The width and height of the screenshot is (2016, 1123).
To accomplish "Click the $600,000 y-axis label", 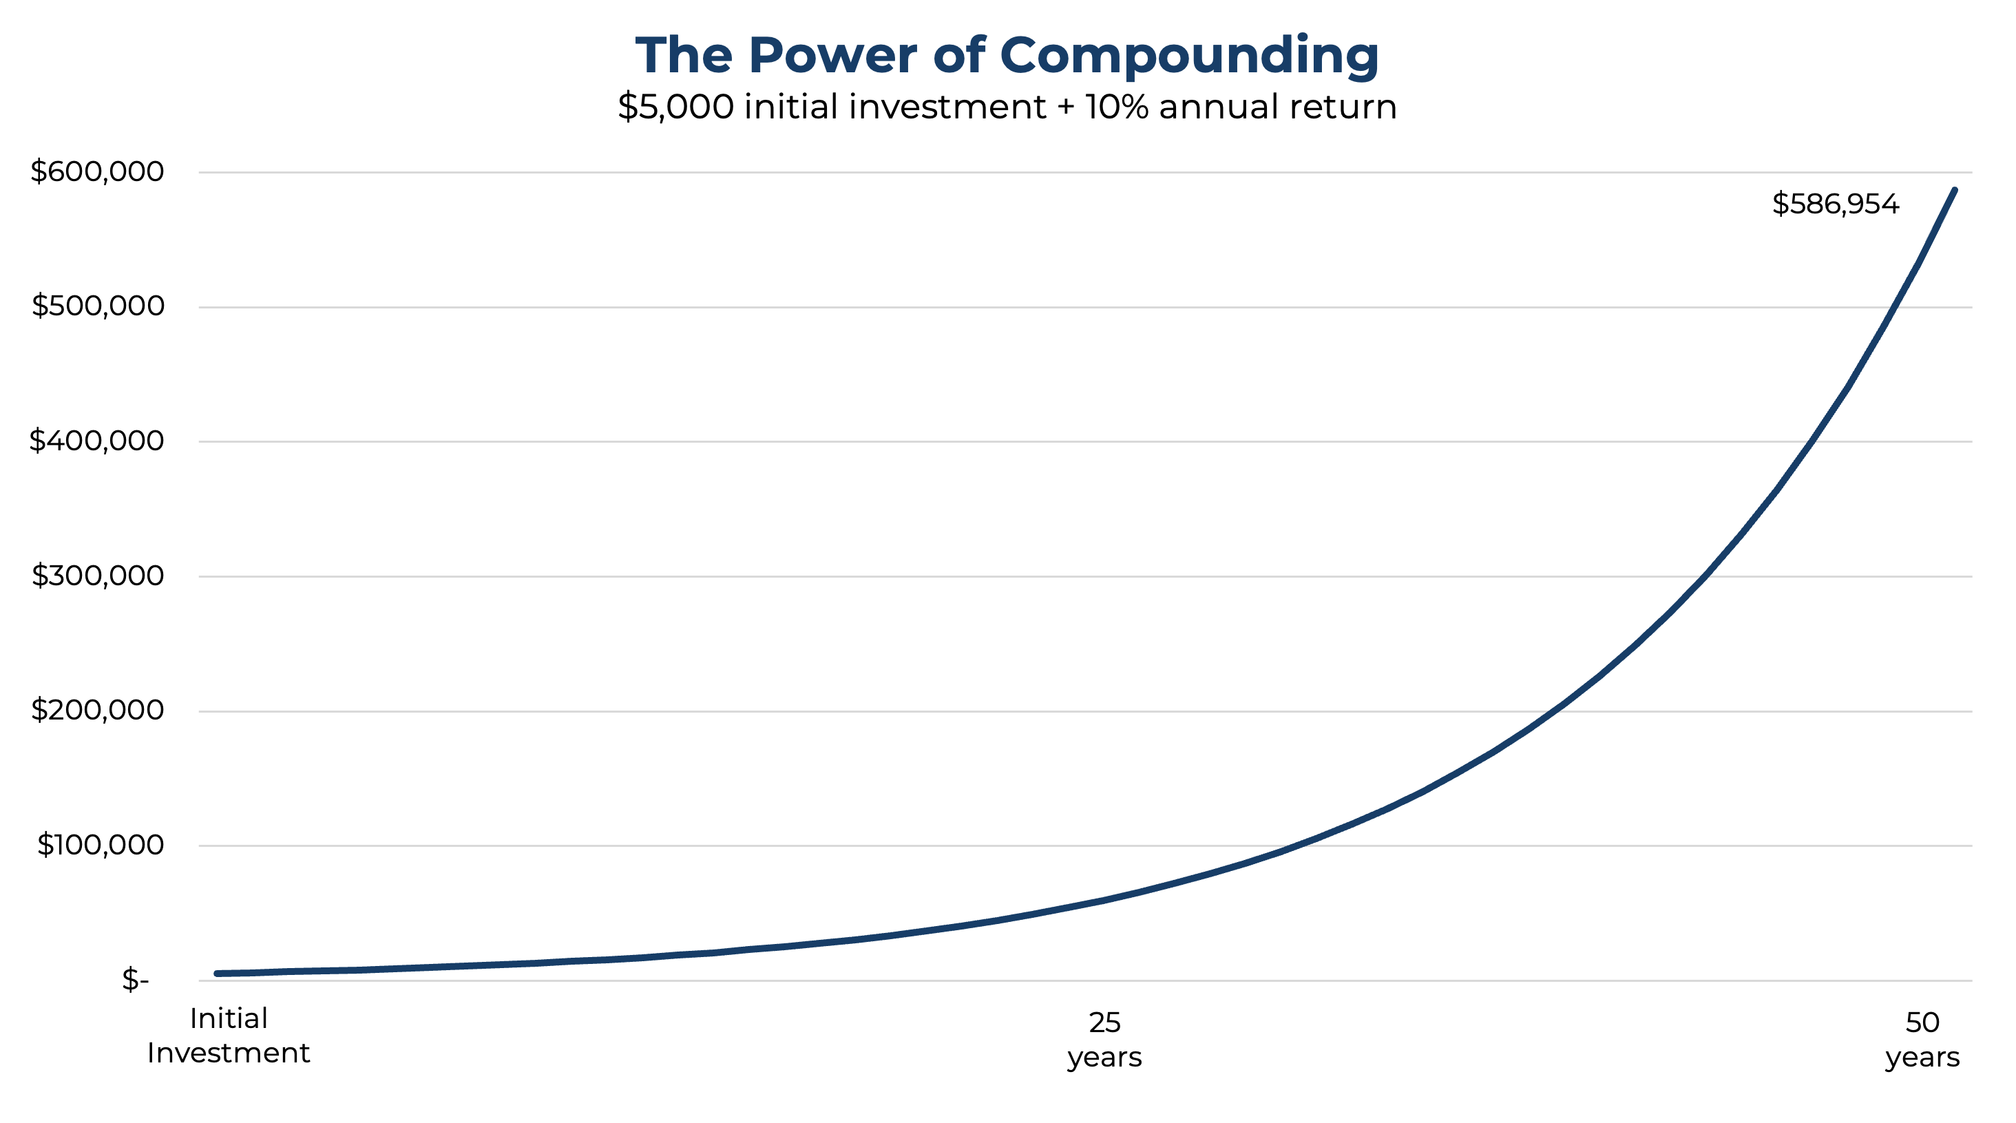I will [x=97, y=171].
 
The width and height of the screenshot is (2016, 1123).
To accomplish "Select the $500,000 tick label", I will [x=98, y=306].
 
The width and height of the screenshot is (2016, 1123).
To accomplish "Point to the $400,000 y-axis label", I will [x=96, y=441].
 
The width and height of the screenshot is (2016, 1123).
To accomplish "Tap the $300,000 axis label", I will [x=98, y=575].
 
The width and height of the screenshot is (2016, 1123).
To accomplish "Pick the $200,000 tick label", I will [x=97, y=710].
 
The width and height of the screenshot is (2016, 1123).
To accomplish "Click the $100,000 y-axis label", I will [x=100, y=844].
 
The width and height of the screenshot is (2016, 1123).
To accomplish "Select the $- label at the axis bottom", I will [x=135, y=979].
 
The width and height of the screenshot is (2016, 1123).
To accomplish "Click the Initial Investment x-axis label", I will [x=229, y=1036].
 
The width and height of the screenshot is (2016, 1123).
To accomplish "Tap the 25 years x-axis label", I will [x=1104, y=1039].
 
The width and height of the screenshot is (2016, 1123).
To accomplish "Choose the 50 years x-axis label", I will [x=1922, y=1039].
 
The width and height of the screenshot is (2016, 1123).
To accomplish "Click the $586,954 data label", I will [x=1835, y=204].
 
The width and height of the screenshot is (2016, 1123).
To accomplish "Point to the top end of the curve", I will [x=1954, y=190].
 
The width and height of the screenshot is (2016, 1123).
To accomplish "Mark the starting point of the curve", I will [x=217, y=974].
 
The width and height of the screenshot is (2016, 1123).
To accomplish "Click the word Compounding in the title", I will [x=1189, y=56].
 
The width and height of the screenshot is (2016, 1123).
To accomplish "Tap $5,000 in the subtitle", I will [x=675, y=107].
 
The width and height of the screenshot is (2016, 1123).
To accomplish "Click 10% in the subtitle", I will [x=1116, y=107].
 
